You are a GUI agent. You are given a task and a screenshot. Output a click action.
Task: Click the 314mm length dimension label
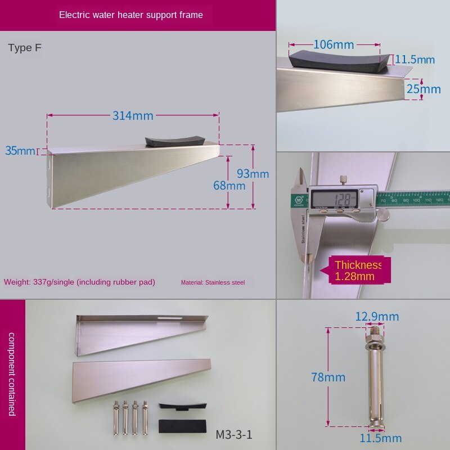coord(133,116)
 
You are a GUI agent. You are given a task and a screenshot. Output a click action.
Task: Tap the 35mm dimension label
coord(20,151)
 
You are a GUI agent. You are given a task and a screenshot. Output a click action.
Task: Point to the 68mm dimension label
coord(229,185)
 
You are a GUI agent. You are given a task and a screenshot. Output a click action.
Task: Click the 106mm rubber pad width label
coord(334,44)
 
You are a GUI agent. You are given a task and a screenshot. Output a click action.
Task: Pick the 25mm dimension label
coord(424,89)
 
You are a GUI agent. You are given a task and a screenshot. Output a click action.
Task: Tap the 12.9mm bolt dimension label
coord(377,317)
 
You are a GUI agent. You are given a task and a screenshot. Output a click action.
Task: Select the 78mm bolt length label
coord(328,377)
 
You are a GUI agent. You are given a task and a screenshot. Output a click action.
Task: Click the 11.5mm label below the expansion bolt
coord(381,438)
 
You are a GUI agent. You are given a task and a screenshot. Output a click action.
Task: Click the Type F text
coord(25,48)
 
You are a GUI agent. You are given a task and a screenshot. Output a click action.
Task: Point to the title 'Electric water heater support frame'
coord(131,15)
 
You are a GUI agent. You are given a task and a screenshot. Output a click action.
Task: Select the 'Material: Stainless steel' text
coord(213,282)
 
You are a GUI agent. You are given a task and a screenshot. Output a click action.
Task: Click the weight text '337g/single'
coord(79,282)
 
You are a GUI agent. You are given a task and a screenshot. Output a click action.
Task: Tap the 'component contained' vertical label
coord(12,374)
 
